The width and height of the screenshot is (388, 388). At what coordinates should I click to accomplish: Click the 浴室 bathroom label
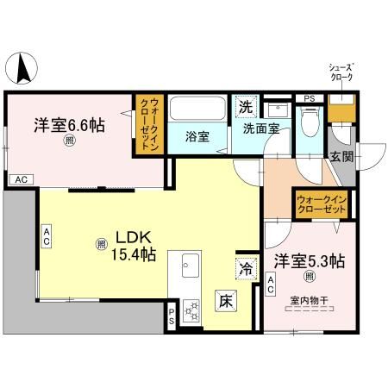point(197,136)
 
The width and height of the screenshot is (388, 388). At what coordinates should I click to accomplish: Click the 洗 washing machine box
point(245,108)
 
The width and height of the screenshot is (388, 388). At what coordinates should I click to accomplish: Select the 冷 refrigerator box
point(246,269)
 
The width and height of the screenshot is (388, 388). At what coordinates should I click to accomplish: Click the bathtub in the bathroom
point(198,110)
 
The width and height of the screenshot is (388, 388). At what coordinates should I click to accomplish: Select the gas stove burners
point(190,309)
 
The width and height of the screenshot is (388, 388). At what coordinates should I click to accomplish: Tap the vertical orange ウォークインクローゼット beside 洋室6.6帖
point(147,125)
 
